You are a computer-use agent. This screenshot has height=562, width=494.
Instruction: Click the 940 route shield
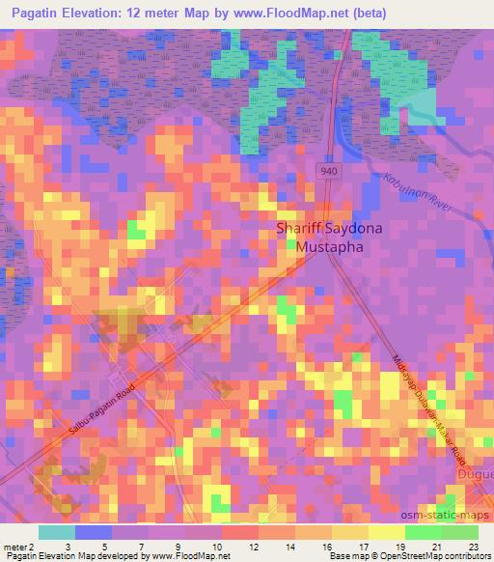[328, 170]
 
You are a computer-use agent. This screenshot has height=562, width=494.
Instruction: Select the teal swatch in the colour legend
[57, 532]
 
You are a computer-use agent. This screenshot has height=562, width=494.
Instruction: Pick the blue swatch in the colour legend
[94, 532]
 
